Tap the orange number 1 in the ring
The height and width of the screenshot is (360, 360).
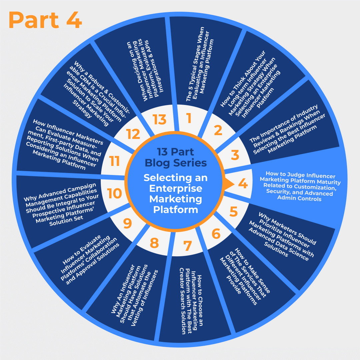189,118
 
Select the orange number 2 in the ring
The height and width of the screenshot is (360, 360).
218,130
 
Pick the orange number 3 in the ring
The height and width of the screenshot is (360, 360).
235,155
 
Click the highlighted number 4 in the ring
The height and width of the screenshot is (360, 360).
243,184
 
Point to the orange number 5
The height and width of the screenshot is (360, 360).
233,212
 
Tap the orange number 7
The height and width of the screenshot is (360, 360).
188,246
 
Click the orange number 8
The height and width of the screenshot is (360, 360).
154,243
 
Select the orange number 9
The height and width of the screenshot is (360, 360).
127,224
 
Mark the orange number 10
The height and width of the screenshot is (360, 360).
114,193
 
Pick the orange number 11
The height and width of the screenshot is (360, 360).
115,161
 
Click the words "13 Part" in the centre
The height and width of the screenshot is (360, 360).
176,152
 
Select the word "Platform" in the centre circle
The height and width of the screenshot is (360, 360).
176,210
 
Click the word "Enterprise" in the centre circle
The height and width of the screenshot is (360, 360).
176,188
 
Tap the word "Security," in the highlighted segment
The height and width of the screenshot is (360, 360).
277,193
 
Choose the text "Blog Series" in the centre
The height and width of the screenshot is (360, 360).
176,163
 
